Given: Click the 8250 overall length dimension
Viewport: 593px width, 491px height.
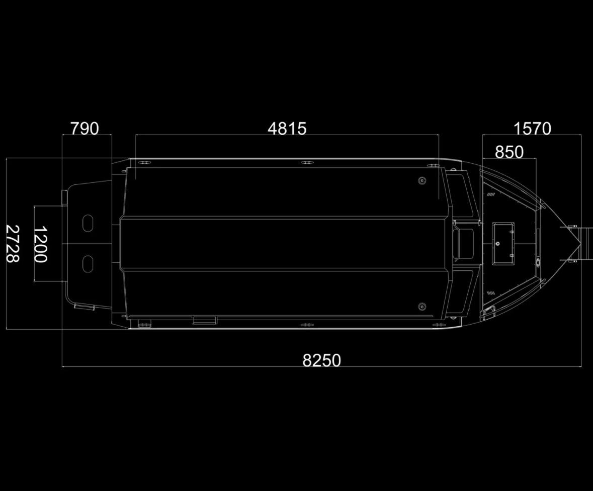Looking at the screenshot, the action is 321,360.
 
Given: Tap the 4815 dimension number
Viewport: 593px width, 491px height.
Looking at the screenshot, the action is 287,129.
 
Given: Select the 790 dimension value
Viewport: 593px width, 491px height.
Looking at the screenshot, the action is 85,129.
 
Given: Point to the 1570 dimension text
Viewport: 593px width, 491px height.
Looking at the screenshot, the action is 532,129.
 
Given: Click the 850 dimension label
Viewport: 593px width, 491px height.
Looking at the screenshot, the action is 510,152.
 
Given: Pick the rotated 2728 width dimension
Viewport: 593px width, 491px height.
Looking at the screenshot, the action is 13,244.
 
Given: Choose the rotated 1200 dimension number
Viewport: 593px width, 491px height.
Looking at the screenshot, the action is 40,244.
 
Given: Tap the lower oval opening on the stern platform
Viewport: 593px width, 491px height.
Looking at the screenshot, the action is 88,264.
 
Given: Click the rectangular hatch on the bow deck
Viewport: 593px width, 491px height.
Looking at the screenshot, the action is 503,243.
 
